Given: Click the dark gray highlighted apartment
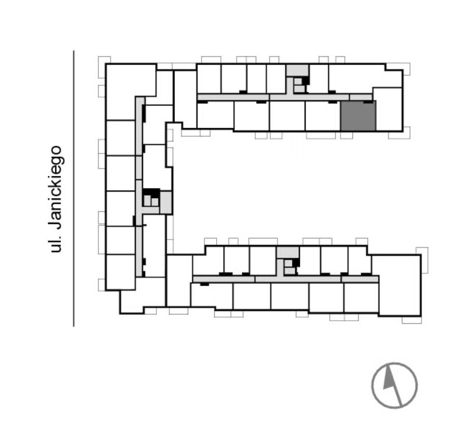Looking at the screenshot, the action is point(358,116).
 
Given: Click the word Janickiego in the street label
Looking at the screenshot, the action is point(56,187).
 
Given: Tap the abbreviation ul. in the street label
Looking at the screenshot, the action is point(56,243).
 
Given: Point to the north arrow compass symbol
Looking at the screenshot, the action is point(395,385).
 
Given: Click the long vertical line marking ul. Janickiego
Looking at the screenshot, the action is point(74,188).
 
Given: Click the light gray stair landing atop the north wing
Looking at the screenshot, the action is point(297,70).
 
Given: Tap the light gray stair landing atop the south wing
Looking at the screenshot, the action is point(288,253).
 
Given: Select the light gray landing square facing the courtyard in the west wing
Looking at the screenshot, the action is point(166,203).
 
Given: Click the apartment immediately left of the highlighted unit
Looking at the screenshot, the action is point(323,116).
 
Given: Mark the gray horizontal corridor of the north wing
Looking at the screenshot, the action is point(285,97).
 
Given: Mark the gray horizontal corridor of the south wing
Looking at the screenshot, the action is point(285,279).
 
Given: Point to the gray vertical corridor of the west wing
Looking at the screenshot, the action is point(139,186).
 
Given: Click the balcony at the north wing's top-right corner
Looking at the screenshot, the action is point(398,69).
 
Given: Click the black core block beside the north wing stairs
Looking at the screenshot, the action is point(306,81).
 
